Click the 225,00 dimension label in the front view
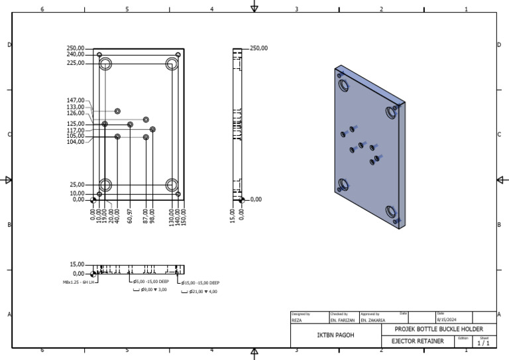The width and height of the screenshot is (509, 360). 75,64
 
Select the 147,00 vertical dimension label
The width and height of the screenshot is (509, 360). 75,101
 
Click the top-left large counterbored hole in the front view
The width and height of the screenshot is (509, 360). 105,64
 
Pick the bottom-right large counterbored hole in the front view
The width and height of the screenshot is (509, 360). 172,184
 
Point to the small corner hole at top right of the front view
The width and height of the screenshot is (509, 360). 178,54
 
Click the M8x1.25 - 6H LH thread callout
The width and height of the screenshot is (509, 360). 79,282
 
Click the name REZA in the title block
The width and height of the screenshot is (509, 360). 297,320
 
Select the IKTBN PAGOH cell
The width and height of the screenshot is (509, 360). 335,335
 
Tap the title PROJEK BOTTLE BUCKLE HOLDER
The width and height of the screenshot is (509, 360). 439,330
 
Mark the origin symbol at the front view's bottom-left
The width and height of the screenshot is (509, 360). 93,200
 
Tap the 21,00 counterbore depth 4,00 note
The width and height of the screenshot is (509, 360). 203,291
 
